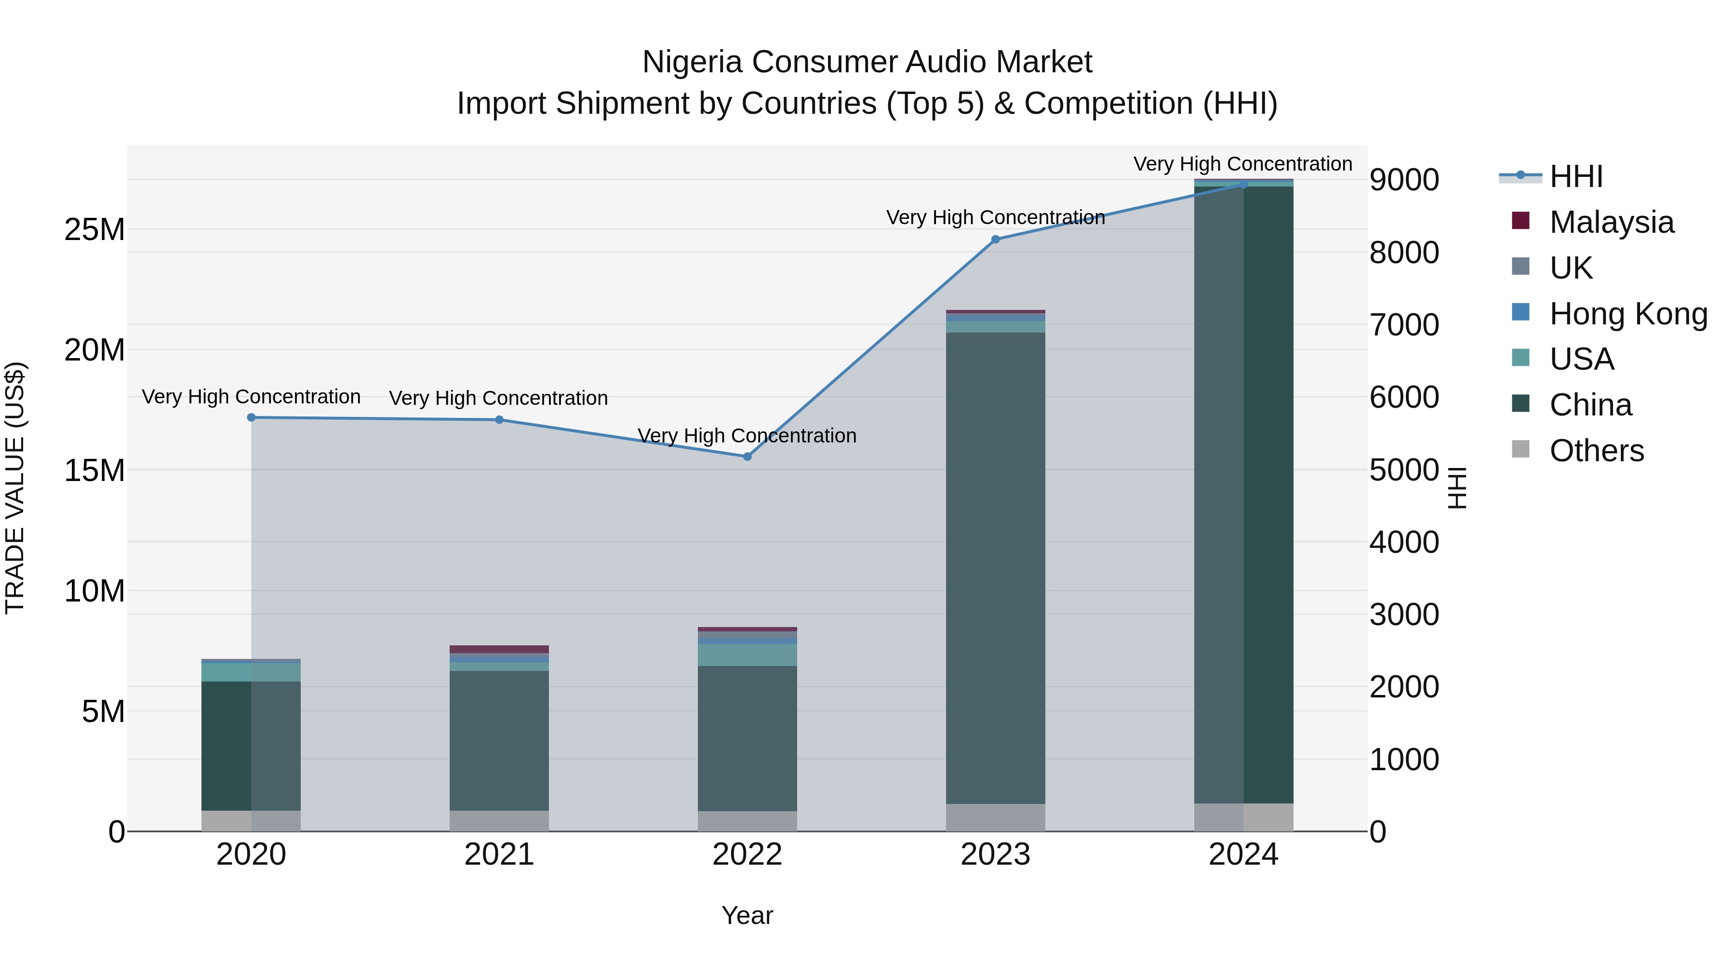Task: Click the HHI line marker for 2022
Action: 747,457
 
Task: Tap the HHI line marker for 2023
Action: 996,239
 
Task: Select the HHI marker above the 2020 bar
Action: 251,417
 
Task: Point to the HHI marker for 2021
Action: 499,420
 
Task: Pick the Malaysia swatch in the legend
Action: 1520,221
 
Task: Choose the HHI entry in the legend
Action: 1575,176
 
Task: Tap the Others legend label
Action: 1596,451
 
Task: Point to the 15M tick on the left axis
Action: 94,470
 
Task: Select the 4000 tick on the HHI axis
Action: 1404,542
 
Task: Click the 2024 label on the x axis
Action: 1243,855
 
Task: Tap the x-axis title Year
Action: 747,915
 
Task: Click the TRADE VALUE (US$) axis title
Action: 15,488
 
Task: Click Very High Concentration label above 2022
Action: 747,436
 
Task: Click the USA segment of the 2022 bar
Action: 747,655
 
